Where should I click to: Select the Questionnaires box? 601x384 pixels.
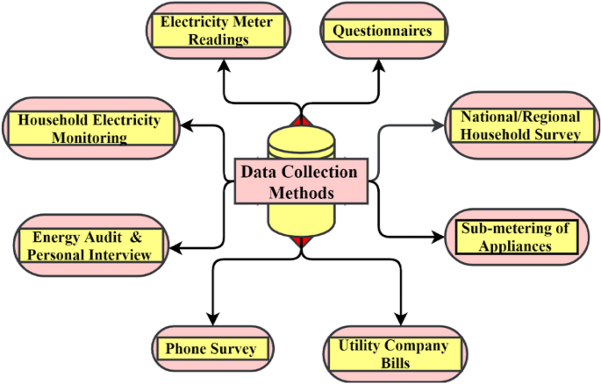[382, 31]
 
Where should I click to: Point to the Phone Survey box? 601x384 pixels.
[211, 349]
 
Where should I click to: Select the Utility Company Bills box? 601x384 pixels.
[391, 352]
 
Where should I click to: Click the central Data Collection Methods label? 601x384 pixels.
[301, 181]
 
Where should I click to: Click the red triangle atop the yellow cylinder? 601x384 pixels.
[301, 120]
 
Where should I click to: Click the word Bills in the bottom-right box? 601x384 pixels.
[391, 361]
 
